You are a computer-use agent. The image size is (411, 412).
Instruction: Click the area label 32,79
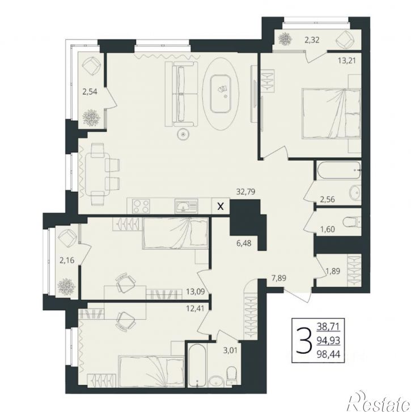click(x=246, y=192)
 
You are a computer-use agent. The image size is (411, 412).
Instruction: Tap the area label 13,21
click(x=346, y=61)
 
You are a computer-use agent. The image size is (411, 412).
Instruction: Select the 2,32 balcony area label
click(x=312, y=40)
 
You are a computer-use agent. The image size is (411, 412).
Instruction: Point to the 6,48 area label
click(x=244, y=243)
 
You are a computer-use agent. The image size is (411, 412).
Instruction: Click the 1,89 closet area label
click(x=333, y=271)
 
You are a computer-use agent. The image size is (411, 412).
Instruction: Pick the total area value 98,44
click(x=328, y=354)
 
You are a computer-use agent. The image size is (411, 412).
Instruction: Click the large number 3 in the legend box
click(x=304, y=341)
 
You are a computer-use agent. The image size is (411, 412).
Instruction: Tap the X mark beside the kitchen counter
click(x=221, y=207)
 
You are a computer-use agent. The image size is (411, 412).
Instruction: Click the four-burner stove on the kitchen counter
click(x=141, y=206)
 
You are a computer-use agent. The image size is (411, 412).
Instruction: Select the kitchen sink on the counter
click(x=186, y=206)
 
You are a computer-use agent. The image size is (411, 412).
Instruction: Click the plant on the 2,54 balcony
click(x=91, y=118)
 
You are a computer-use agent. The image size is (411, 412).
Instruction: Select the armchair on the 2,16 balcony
click(x=67, y=238)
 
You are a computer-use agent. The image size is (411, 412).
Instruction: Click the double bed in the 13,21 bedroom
click(x=331, y=113)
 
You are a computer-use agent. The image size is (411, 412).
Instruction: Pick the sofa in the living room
click(x=181, y=94)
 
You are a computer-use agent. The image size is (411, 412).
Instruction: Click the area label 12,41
click(x=195, y=307)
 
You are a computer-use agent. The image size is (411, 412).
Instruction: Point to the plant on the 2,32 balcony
click(x=286, y=40)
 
